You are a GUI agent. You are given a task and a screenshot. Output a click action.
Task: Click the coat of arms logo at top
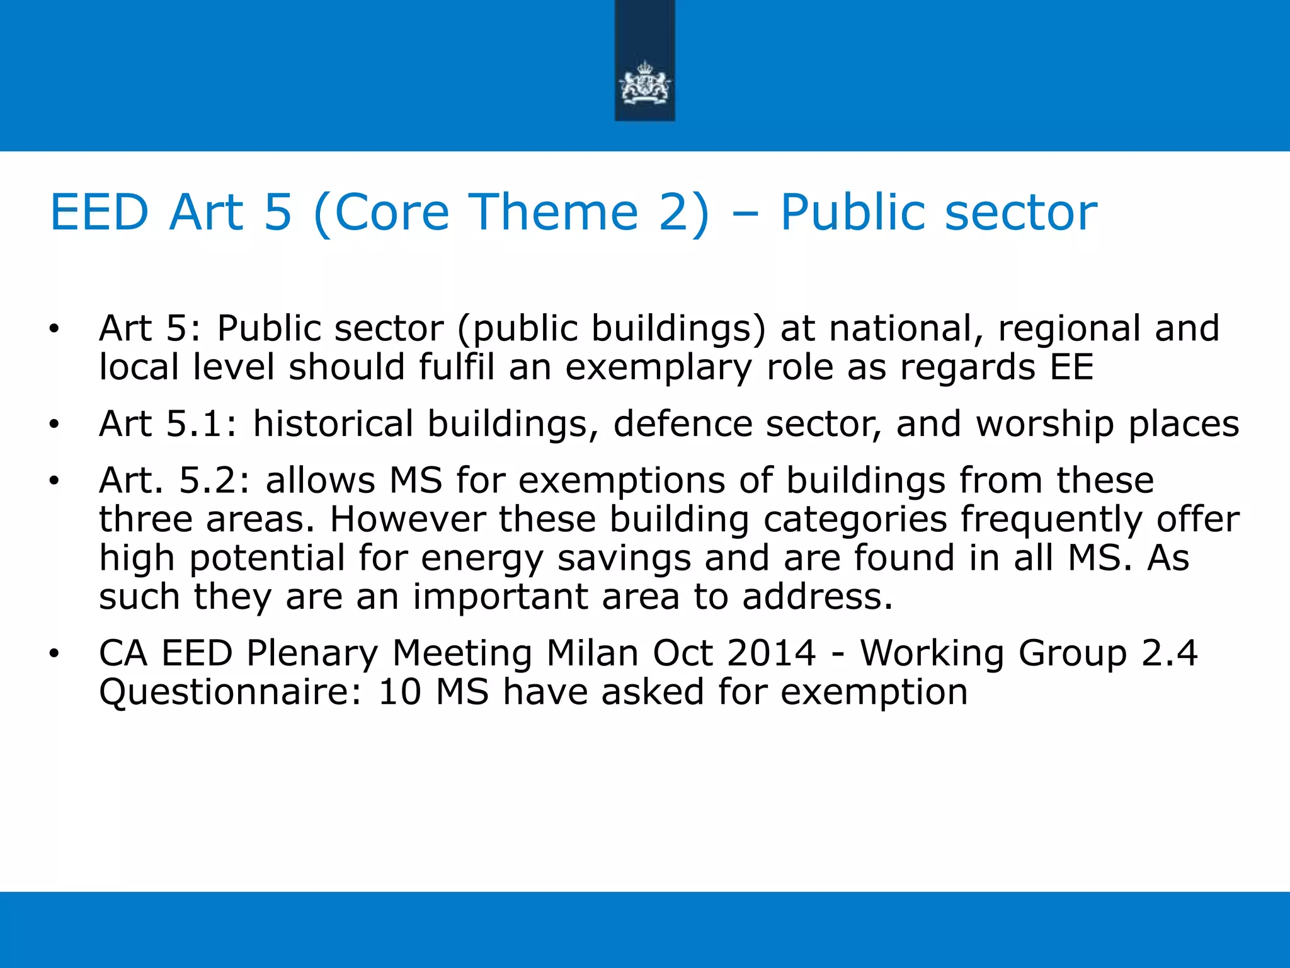pos(644,83)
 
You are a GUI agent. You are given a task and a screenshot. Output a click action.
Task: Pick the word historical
pos(333,423)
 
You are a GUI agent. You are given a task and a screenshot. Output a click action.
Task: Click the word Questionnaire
pos(231,692)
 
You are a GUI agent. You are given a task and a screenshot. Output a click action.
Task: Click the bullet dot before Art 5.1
pos(55,425)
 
